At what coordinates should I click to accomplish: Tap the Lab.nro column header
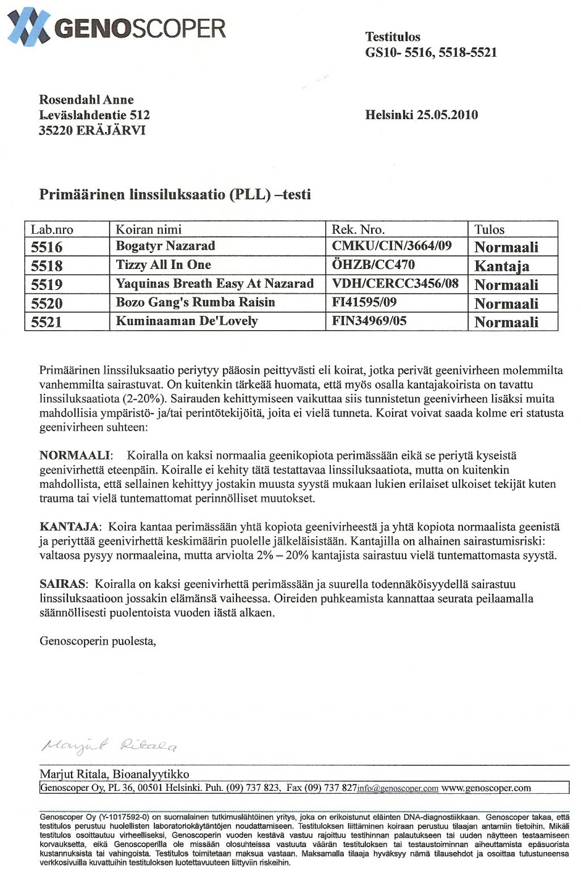[52, 229]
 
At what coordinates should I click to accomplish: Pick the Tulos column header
[490, 229]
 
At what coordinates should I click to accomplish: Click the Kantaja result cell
[502, 266]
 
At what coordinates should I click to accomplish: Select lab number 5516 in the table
[47, 247]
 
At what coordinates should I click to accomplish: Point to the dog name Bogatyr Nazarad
[165, 246]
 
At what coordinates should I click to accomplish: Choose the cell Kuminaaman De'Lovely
[187, 321]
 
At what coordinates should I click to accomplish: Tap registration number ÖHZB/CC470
[373, 265]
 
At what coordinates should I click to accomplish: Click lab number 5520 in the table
[47, 303]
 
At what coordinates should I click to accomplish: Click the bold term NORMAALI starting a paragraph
[75, 456]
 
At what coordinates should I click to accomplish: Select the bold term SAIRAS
[62, 584]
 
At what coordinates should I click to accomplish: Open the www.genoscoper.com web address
[486, 788]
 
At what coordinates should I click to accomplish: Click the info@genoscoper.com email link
[398, 789]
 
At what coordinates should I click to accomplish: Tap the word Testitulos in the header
[393, 37]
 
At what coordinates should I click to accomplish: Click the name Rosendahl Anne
[86, 100]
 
